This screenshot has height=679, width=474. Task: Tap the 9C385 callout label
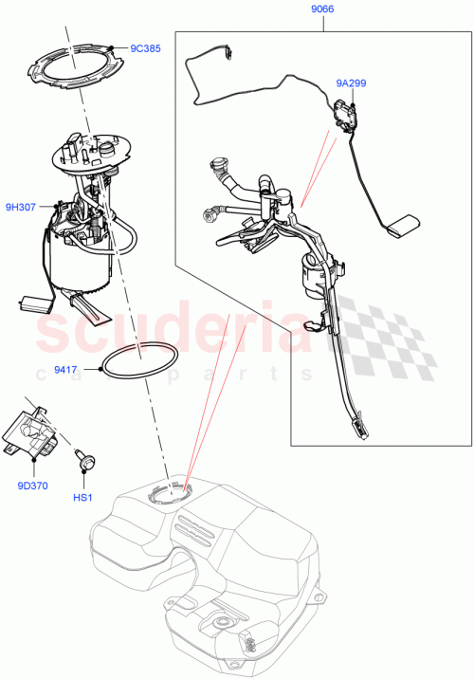pos(144,47)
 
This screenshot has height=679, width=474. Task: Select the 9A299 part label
pos(351,83)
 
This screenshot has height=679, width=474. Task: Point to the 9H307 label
pos(21,206)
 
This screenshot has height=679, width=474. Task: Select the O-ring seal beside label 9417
pos(139,364)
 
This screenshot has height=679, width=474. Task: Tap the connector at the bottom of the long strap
pos(360,429)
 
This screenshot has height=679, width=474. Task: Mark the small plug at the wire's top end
pos(228,53)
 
